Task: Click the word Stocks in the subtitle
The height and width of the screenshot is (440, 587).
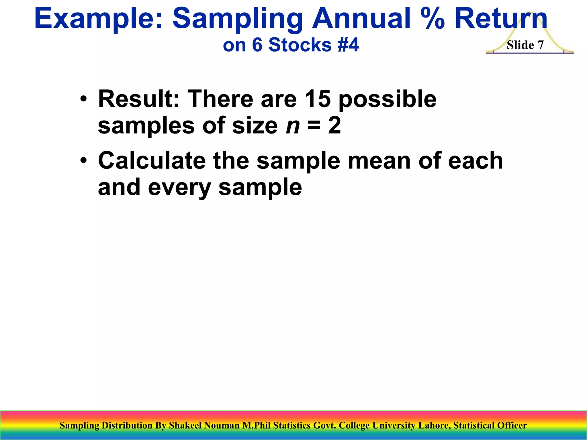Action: pyautogui.click(x=300, y=45)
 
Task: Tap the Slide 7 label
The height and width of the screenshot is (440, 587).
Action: pyautogui.click(x=525, y=45)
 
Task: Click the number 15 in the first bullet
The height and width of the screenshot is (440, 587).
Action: pyautogui.click(x=318, y=99)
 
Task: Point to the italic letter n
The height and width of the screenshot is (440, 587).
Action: pyautogui.click(x=293, y=126)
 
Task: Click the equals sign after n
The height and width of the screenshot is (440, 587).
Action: pyautogui.click(x=314, y=126)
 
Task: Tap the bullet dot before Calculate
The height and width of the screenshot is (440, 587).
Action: pyautogui.click(x=83, y=161)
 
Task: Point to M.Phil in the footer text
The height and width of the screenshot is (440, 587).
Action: pyautogui.click(x=257, y=425)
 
